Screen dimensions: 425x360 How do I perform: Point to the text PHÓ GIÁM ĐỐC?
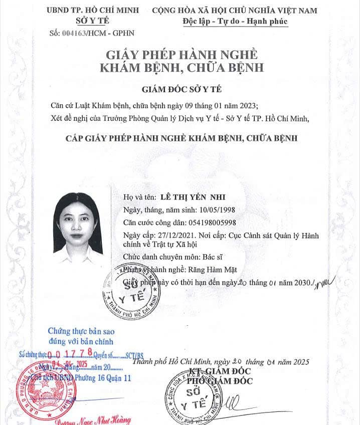point(222,380)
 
